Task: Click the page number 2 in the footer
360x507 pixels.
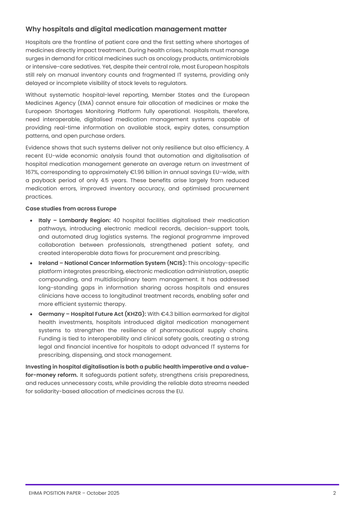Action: [x=334, y=493]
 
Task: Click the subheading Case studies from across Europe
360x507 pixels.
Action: [x=71, y=209]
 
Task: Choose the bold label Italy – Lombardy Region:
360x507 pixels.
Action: [x=75, y=220]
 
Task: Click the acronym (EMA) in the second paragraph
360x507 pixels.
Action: [x=86, y=103]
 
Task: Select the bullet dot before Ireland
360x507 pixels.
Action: [x=31, y=263]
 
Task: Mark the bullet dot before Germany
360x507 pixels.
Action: [x=31, y=314]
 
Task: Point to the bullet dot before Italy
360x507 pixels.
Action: [x=31, y=221]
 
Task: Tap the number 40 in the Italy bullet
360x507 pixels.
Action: [x=117, y=220]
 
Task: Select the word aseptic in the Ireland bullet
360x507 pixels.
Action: [x=239, y=271]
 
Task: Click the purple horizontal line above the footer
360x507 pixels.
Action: [x=182, y=484]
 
